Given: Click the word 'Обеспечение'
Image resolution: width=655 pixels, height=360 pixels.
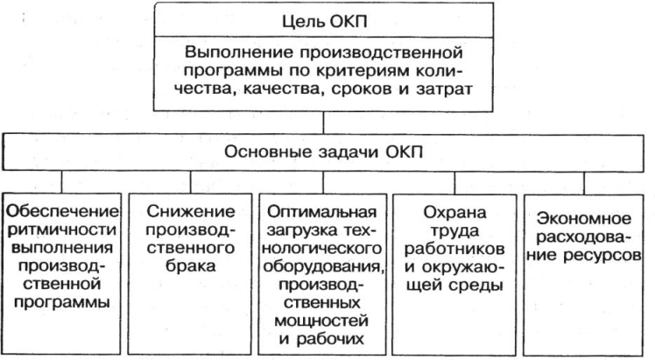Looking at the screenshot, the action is (60, 213).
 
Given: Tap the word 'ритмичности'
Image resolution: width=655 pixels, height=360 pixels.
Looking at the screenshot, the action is (60, 231).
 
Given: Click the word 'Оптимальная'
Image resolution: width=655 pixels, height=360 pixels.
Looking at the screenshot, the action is (323, 213).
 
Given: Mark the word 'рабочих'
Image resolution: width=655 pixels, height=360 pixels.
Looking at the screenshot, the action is (323, 341).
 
